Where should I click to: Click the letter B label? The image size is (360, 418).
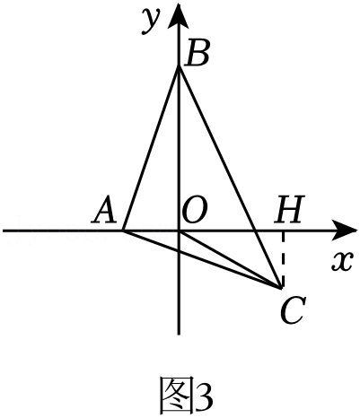(196, 54)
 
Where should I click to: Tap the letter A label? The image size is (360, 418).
(104, 211)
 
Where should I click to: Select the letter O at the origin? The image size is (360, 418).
(195, 212)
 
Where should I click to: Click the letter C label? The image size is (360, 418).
(294, 311)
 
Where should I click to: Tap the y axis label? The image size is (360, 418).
(151, 21)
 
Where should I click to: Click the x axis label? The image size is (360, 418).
(343, 261)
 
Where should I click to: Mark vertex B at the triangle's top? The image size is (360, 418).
(179, 67)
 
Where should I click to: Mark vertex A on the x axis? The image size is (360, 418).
(123, 231)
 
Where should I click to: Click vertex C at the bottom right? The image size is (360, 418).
(281, 288)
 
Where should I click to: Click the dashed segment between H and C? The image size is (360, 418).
(282, 259)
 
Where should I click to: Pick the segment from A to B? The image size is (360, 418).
(151, 149)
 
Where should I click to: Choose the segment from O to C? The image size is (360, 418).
(230, 259)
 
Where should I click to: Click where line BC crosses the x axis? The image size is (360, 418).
(255, 231)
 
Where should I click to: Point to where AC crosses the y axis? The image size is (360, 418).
(179, 250)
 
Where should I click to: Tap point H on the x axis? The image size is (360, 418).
(282, 231)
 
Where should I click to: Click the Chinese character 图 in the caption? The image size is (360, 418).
(175, 395)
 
